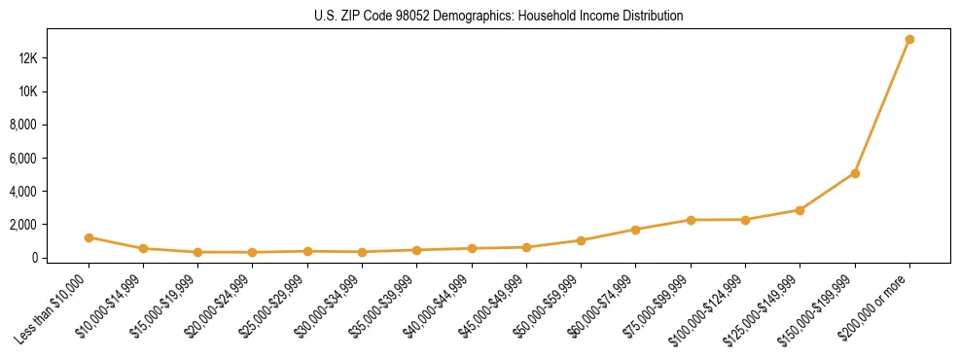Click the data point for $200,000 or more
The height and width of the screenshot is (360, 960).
[909, 40]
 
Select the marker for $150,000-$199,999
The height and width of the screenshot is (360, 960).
[855, 173]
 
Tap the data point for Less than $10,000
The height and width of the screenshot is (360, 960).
[89, 237]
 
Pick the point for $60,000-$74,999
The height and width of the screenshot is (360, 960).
[636, 230]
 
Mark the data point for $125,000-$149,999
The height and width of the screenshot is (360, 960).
[800, 210]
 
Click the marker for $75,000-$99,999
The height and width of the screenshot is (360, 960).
[691, 220]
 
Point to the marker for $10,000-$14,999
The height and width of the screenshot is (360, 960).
[143, 249]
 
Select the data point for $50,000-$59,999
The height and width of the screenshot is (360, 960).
[581, 240]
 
